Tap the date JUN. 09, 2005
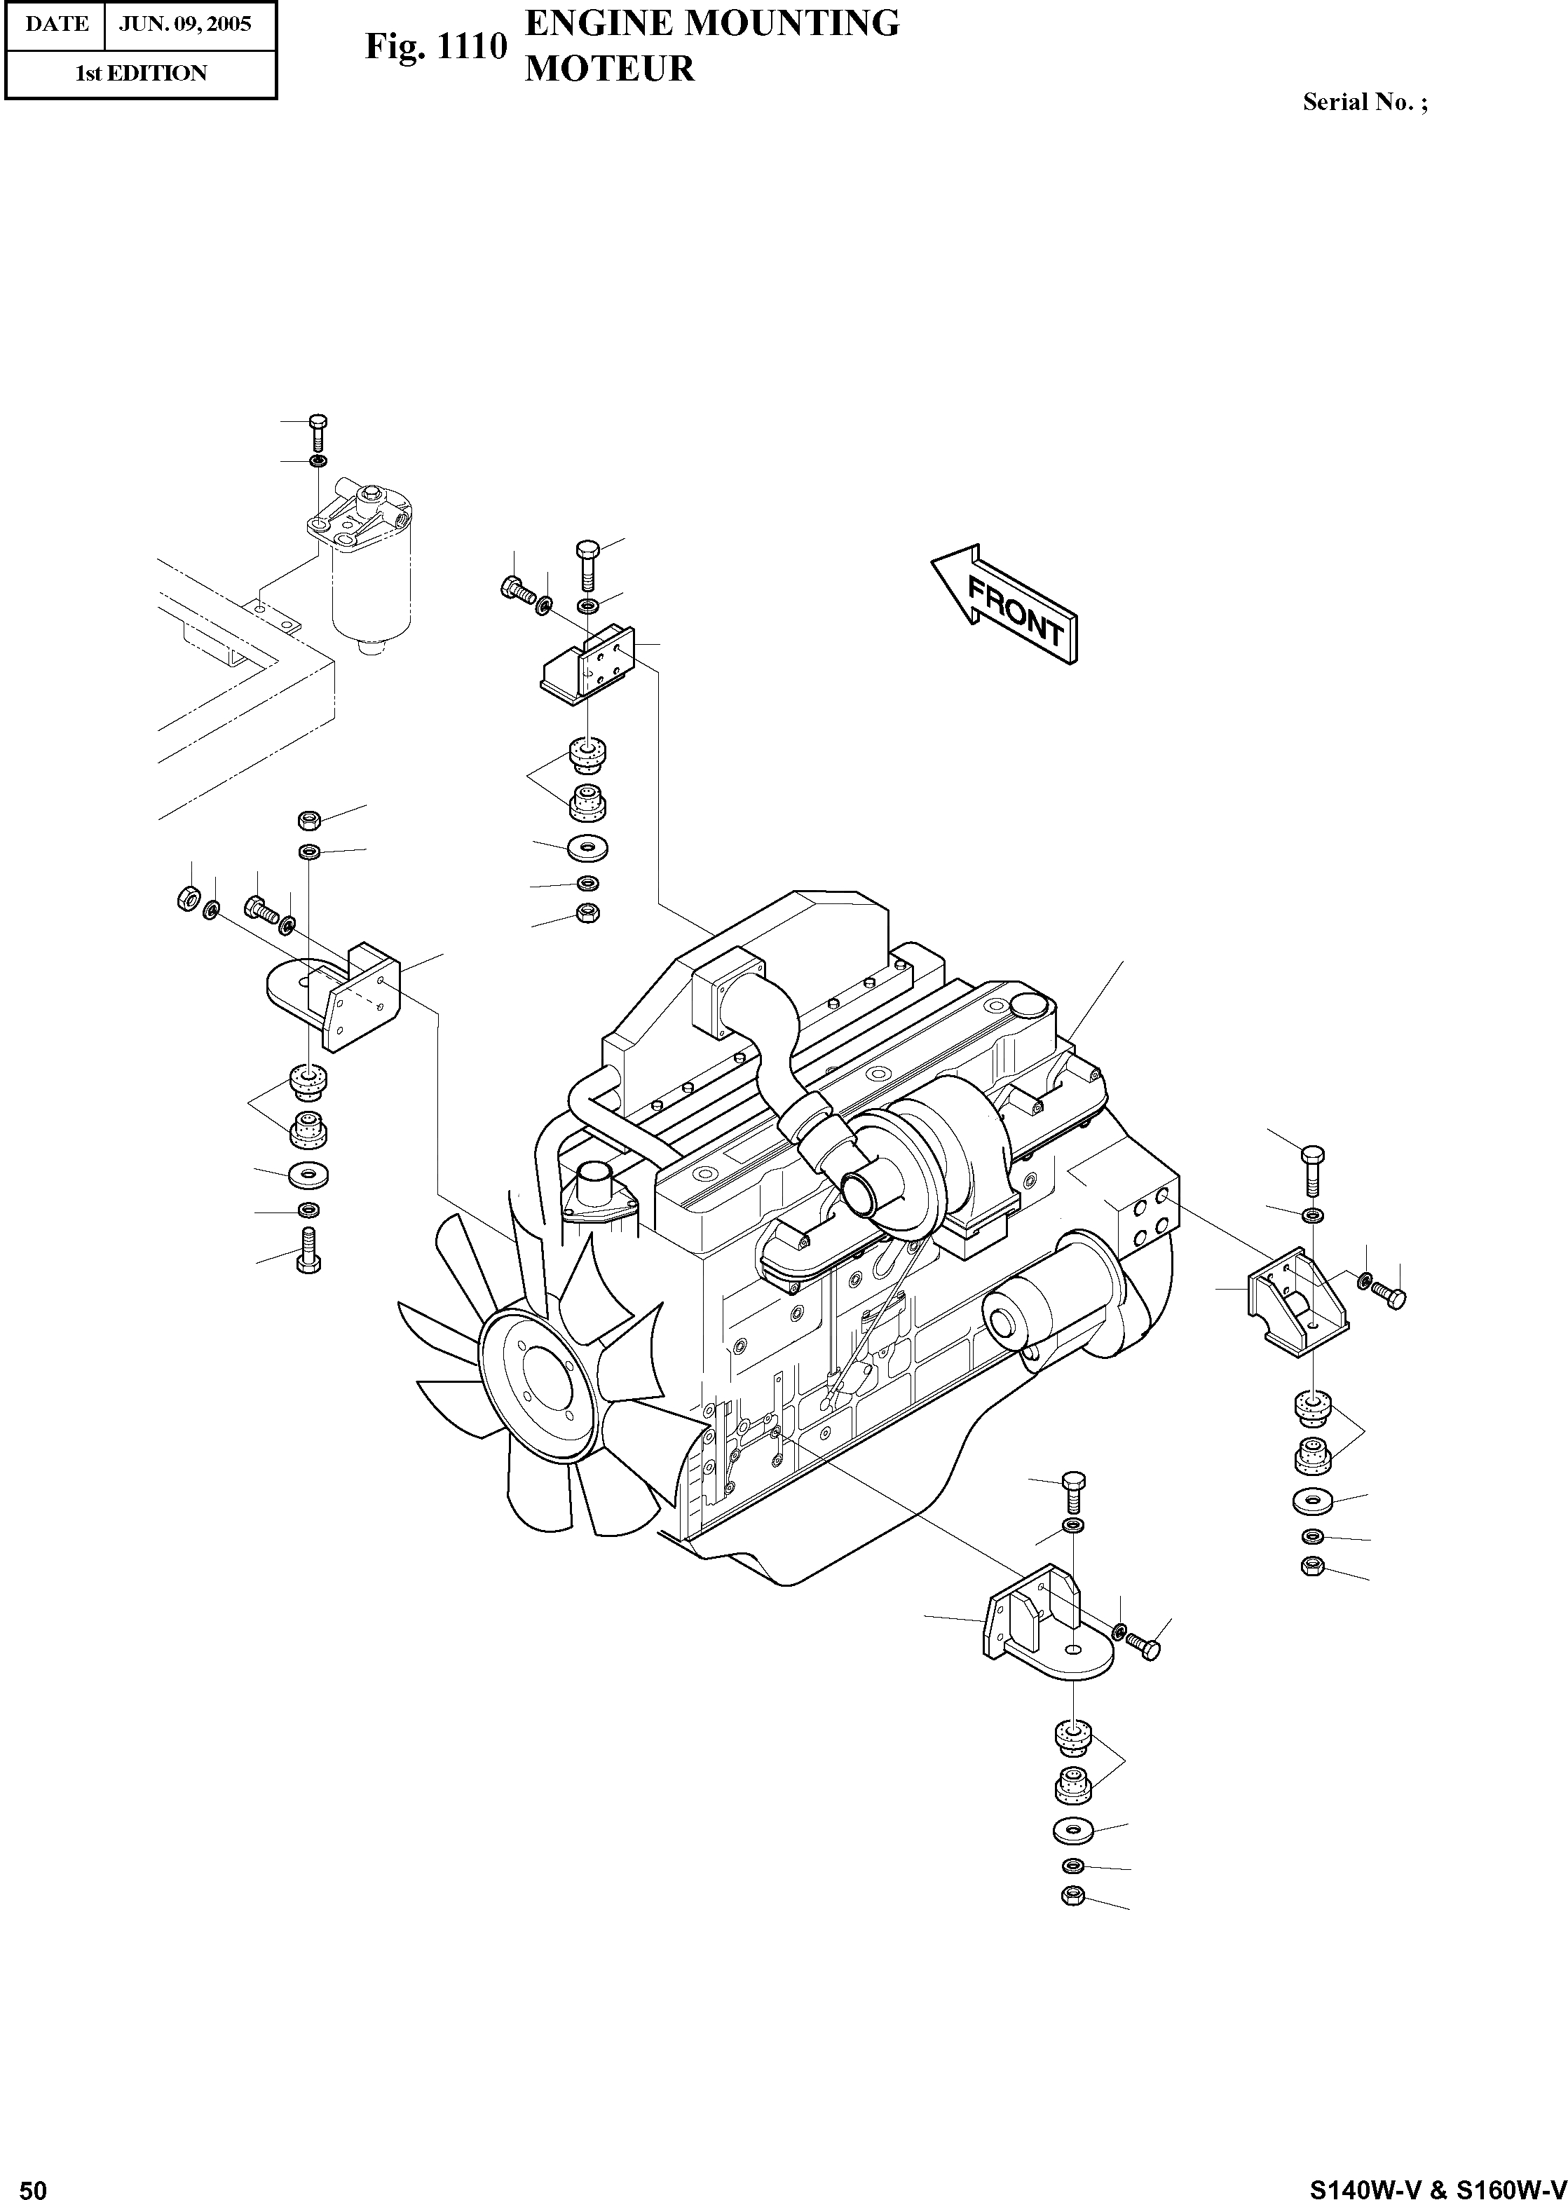pos(184,24)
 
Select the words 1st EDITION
pos(141,74)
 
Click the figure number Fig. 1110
pos(435,46)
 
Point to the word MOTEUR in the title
pos(609,69)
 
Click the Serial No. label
pos(1364,102)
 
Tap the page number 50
pos(33,2184)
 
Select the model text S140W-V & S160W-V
pos(1438,2184)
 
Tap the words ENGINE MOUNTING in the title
pos(711,23)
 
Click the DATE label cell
pos(56,24)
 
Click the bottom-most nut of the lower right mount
pos(1072,1895)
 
